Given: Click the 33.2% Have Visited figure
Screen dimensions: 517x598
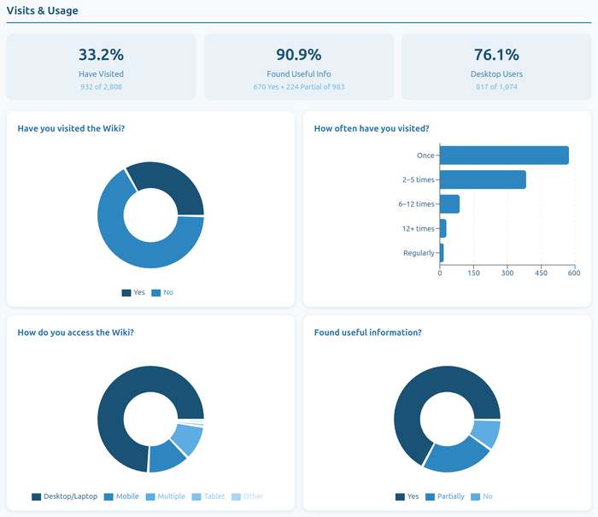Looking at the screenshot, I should pyautogui.click(x=101, y=55).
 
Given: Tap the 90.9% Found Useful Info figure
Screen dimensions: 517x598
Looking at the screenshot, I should pyautogui.click(x=298, y=55).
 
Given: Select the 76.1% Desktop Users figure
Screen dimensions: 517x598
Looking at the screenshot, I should pyautogui.click(x=496, y=55).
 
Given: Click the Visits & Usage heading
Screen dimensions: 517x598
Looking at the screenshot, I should pyautogui.click(x=42, y=11).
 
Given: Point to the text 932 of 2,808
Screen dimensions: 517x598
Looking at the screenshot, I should pyautogui.click(x=101, y=87).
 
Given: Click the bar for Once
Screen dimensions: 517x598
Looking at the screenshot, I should pyautogui.click(x=504, y=156).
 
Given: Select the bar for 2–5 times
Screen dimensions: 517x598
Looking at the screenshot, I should pyautogui.click(x=483, y=179).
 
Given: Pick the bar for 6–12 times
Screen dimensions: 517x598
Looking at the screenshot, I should pyautogui.click(x=449, y=204).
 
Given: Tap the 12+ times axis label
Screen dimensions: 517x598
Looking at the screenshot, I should pyautogui.click(x=419, y=228).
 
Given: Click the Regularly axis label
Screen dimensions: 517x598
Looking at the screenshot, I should pyautogui.click(x=419, y=253).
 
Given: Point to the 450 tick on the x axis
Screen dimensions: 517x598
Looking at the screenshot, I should pyautogui.click(x=541, y=273).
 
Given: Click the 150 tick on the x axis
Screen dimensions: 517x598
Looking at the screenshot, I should pyautogui.click(x=473, y=273).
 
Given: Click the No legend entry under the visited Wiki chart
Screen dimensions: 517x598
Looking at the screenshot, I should pyautogui.click(x=162, y=293).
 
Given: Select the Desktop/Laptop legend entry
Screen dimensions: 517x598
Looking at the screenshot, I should pyautogui.click(x=66, y=496).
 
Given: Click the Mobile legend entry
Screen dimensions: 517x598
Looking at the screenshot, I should pyautogui.click(x=121, y=496).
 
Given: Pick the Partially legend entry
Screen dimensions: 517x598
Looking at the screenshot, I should pyautogui.click(x=445, y=496).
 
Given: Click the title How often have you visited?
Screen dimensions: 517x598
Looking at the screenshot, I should pyautogui.click(x=372, y=129).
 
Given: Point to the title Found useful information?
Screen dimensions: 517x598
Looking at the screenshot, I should pyautogui.click(x=367, y=332).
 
